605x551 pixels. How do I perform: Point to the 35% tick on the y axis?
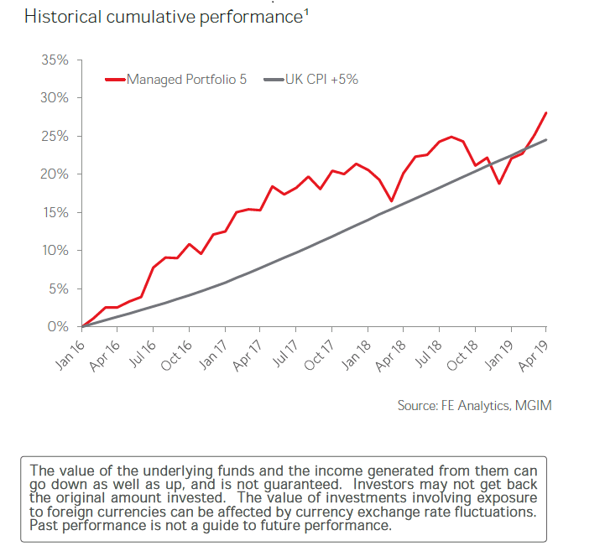pyautogui.click(x=55, y=60)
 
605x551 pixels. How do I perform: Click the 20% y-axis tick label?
pyautogui.click(x=55, y=174)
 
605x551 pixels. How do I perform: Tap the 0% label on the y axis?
pyautogui.click(x=58, y=327)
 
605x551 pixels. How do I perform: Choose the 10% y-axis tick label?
pyautogui.click(x=55, y=251)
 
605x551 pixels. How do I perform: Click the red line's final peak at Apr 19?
pyautogui.click(x=546, y=112)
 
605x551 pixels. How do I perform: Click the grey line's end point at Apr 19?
pyautogui.click(x=546, y=140)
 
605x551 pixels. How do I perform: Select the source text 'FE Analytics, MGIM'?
pyautogui.click(x=497, y=406)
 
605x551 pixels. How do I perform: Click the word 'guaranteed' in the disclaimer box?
pyautogui.click(x=295, y=484)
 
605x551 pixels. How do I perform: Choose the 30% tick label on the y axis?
pyautogui.click(x=55, y=98)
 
